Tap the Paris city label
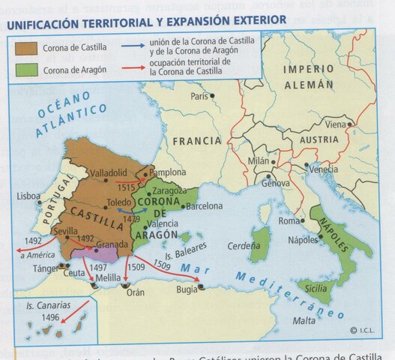click(x=199, y=97)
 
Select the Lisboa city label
click(x=28, y=196)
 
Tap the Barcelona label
click(x=204, y=206)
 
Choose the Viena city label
click(x=336, y=124)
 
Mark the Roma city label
click(x=289, y=221)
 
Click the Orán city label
click(x=135, y=293)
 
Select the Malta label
click(x=304, y=320)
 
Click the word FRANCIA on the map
click(x=197, y=140)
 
